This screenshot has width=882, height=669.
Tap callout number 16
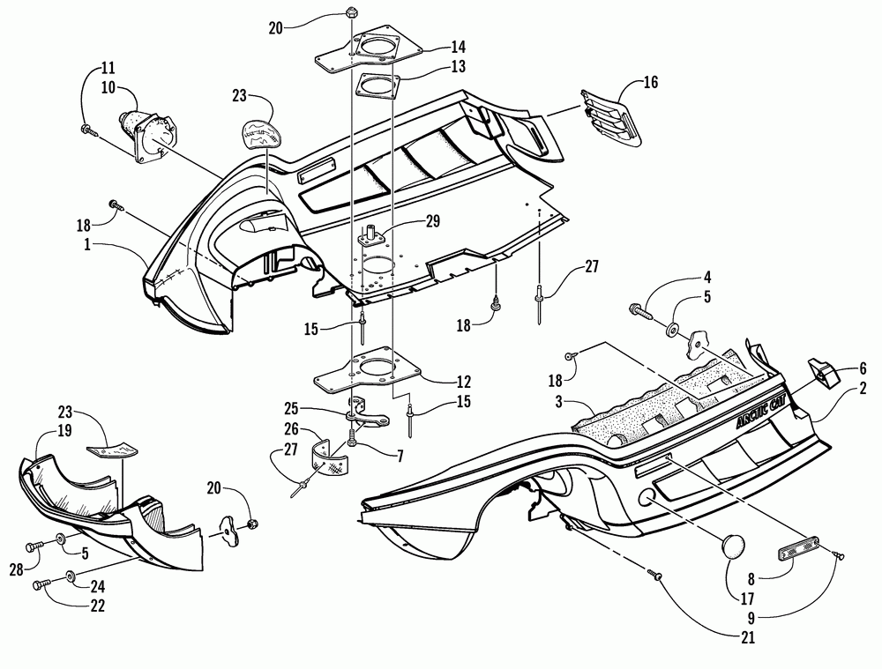click(650, 85)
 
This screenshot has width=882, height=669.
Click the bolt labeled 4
click(642, 311)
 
